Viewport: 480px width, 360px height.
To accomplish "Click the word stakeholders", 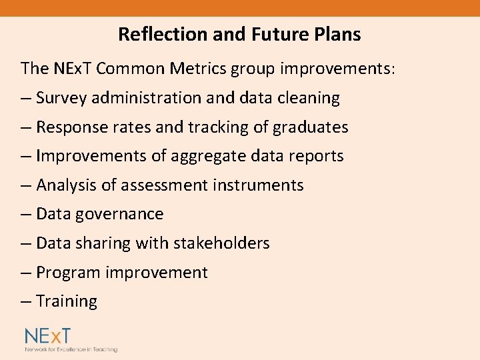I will [x=221, y=243].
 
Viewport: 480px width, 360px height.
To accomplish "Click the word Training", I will [x=67, y=301].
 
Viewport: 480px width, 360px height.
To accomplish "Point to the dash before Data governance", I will [x=26, y=214].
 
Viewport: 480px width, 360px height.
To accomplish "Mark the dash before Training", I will [x=26, y=301].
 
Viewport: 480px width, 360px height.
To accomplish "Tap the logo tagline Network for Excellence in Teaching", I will [x=71, y=349].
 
